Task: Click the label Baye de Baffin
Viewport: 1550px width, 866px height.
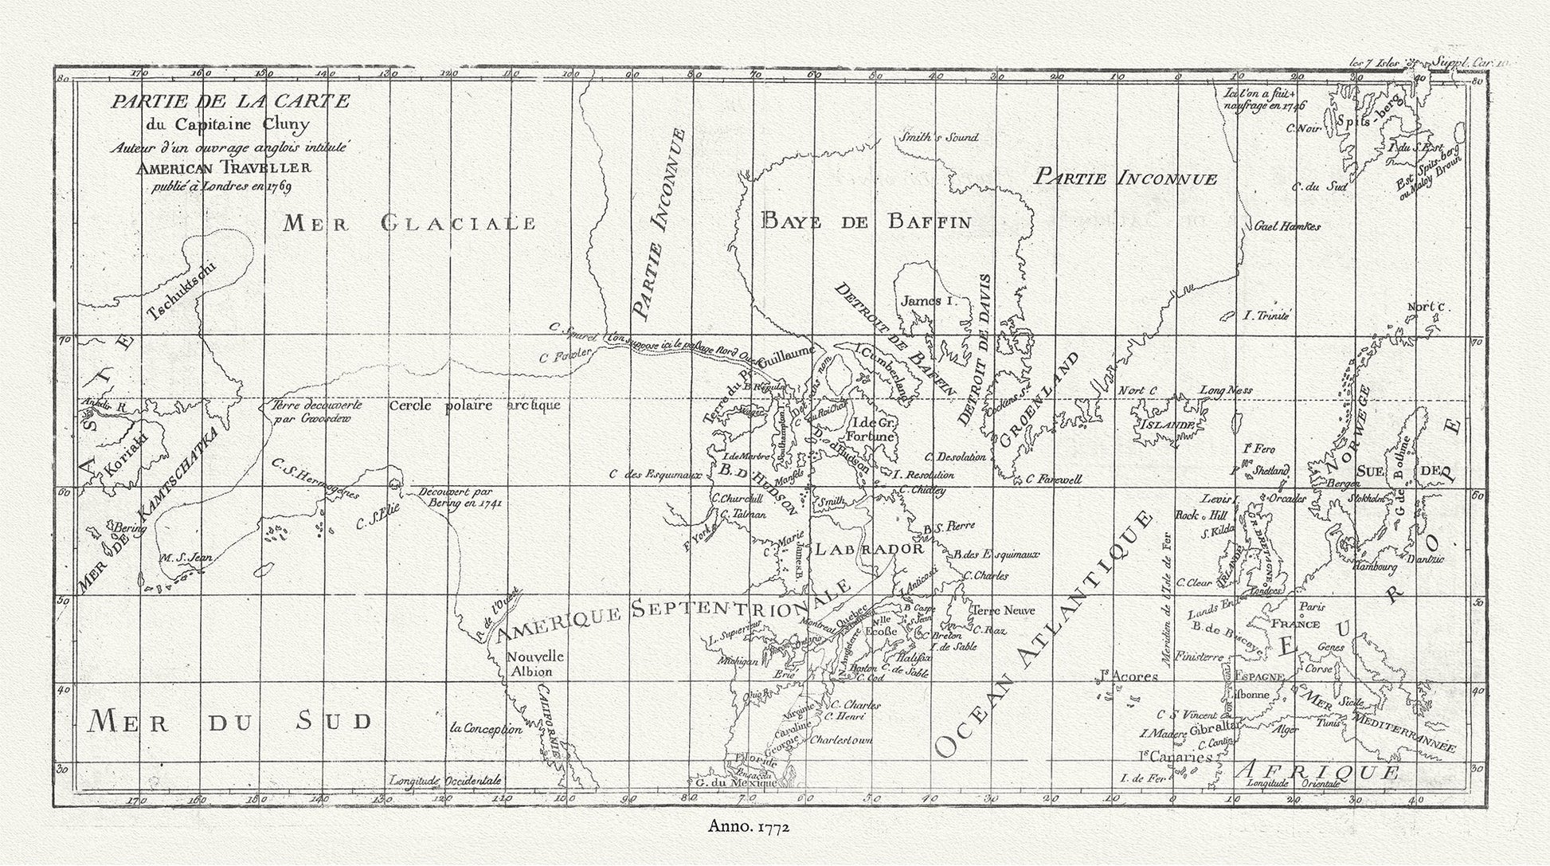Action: tap(866, 221)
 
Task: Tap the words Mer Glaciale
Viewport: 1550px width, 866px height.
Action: tap(410, 223)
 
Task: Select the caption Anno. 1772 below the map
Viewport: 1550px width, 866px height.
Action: tap(749, 827)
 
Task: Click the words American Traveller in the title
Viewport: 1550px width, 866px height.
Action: tap(223, 168)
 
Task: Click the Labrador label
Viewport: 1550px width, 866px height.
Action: tap(867, 549)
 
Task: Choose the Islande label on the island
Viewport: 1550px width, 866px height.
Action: tap(1168, 425)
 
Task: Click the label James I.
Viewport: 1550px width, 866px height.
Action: tap(926, 302)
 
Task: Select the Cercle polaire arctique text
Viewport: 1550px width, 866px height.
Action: tap(475, 405)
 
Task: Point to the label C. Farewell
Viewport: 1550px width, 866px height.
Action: tap(1052, 480)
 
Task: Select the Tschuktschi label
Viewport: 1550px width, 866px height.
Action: tap(183, 292)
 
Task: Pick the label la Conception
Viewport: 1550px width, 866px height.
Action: tap(486, 729)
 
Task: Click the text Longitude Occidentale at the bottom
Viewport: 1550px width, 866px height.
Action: tap(445, 781)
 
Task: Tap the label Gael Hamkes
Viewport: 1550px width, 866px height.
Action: tap(1287, 226)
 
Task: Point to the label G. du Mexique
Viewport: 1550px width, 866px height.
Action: tap(735, 782)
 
